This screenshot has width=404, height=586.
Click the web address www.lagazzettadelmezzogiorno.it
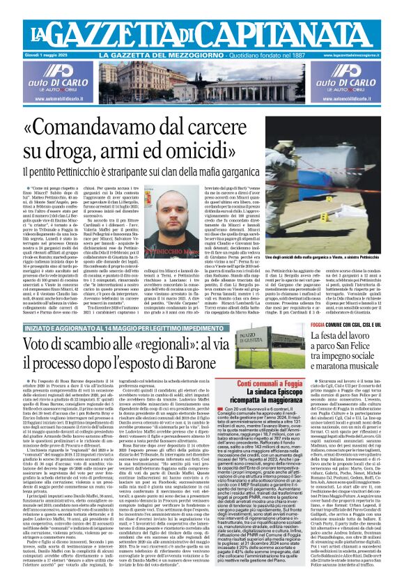coord(353,54)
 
